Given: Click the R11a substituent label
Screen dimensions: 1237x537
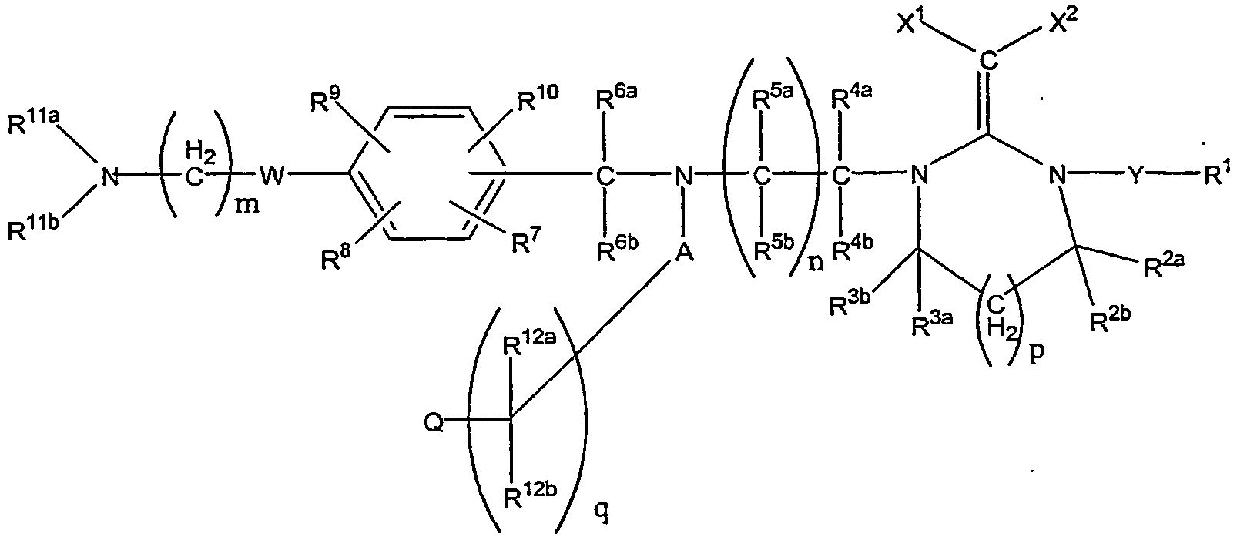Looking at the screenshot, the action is [x=33, y=122].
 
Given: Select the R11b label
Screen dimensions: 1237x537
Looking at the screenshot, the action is [x=33, y=227].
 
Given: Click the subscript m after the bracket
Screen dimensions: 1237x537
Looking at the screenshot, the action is [x=247, y=207].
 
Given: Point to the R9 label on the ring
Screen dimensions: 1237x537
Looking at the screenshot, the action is [x=327, y=99].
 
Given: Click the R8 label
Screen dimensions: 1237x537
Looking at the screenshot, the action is [x=337, y=257].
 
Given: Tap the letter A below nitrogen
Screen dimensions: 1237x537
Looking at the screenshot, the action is [x=684, y=253].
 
